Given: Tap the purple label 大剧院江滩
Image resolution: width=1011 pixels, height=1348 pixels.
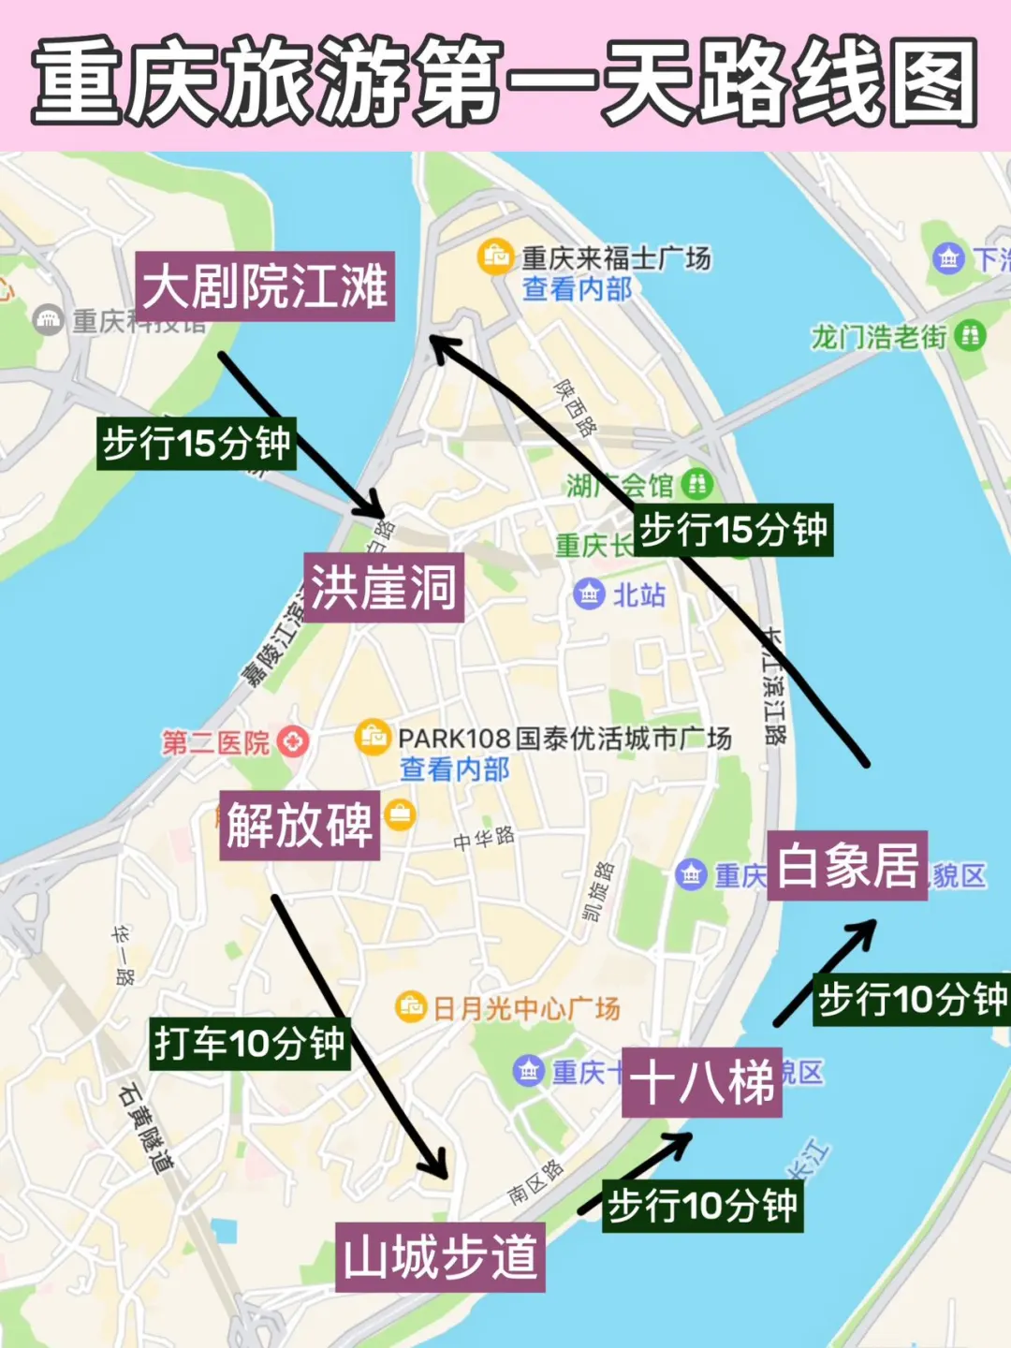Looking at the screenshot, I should [265, 286].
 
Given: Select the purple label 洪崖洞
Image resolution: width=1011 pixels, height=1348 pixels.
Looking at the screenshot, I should [384, 587].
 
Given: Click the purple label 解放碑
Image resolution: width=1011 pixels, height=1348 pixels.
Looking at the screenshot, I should [300, 825].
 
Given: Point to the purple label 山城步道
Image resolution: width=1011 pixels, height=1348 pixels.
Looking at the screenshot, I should [440, 1256].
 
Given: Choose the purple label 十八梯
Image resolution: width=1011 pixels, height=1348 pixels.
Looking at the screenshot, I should [701, 1082].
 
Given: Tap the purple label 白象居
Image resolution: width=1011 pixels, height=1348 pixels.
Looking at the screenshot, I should [847, 866].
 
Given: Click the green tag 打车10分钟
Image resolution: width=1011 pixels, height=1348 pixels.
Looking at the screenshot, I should [250, 1043].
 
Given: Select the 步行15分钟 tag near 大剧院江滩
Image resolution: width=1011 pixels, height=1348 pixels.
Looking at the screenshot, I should [197, 443].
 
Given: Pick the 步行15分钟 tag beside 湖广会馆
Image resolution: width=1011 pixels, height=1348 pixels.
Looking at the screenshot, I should [733, 530].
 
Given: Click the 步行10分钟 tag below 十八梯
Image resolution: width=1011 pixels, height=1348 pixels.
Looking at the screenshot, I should [702, 1206].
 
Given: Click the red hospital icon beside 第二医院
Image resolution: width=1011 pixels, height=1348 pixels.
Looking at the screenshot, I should [293, 742].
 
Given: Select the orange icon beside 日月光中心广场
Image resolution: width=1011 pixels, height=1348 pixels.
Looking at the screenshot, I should [410, 1007].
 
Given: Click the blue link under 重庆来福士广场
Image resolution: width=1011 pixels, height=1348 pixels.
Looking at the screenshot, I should [577, 289].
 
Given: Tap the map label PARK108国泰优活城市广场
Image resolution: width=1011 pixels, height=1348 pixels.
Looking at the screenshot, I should [564, 739].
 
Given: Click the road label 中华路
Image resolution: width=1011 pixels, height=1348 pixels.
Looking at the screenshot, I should [484, 838].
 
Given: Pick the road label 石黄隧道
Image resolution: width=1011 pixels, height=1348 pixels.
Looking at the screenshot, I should [146, 1128].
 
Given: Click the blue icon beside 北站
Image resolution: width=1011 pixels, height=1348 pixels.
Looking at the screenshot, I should [589, 593].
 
